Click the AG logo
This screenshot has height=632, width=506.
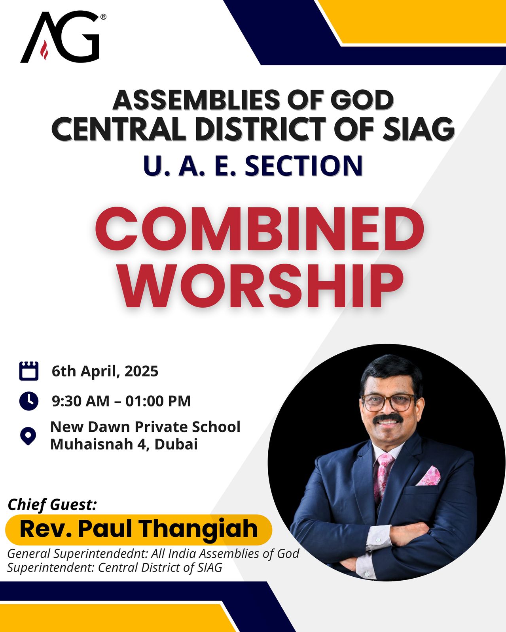[63, 37]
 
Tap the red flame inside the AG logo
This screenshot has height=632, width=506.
[44, 50]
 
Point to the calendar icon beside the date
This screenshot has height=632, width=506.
[29, 371]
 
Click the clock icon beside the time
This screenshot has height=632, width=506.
[29, 401]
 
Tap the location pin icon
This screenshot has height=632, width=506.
[28, 436]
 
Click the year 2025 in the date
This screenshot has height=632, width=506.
[142, 371]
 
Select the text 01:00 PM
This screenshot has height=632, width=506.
[158, 401]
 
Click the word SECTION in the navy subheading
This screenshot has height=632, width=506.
[303, 166]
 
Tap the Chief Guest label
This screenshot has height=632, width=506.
[52, 505]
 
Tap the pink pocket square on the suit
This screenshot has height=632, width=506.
[429, 476]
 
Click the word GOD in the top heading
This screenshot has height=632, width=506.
[362, 100]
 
